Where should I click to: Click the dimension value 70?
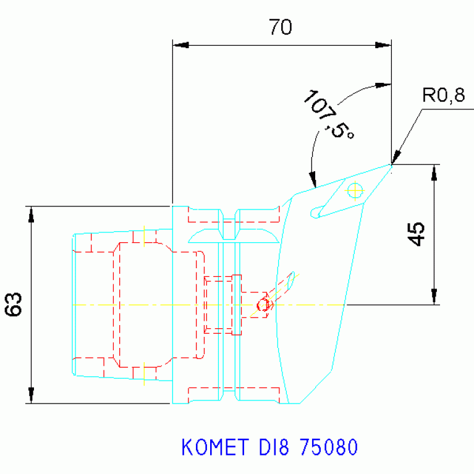tap(280, 28)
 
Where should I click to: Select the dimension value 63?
tap(15, 304)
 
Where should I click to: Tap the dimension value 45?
tap(418, 235)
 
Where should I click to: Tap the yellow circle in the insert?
tap(355, 190)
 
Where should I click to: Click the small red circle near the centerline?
tap(263, 304)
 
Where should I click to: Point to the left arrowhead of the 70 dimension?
tap(180, 45)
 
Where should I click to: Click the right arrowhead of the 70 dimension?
tap(384, 45)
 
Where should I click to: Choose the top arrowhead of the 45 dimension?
tap(434, 172)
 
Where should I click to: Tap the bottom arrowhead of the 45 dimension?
tap(434, 297)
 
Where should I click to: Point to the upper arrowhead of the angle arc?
tap(384, 84)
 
